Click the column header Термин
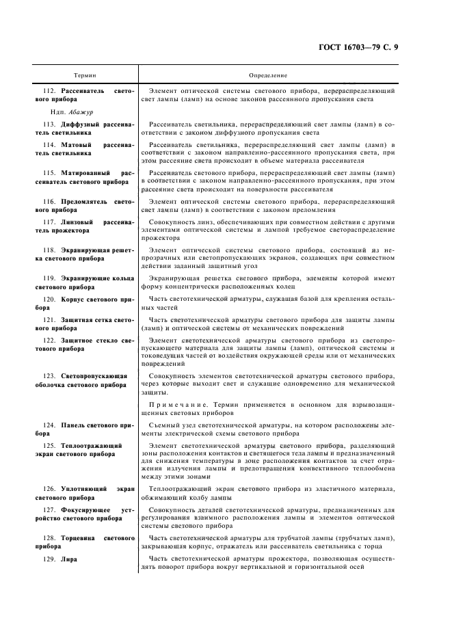(x=85, y=75)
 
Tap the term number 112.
(x=49, y=90)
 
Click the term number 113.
(x=49, y=125)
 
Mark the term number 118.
(x=49, y=251)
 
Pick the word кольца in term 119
(x=119, y=279)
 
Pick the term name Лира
(x=68, y=559)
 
